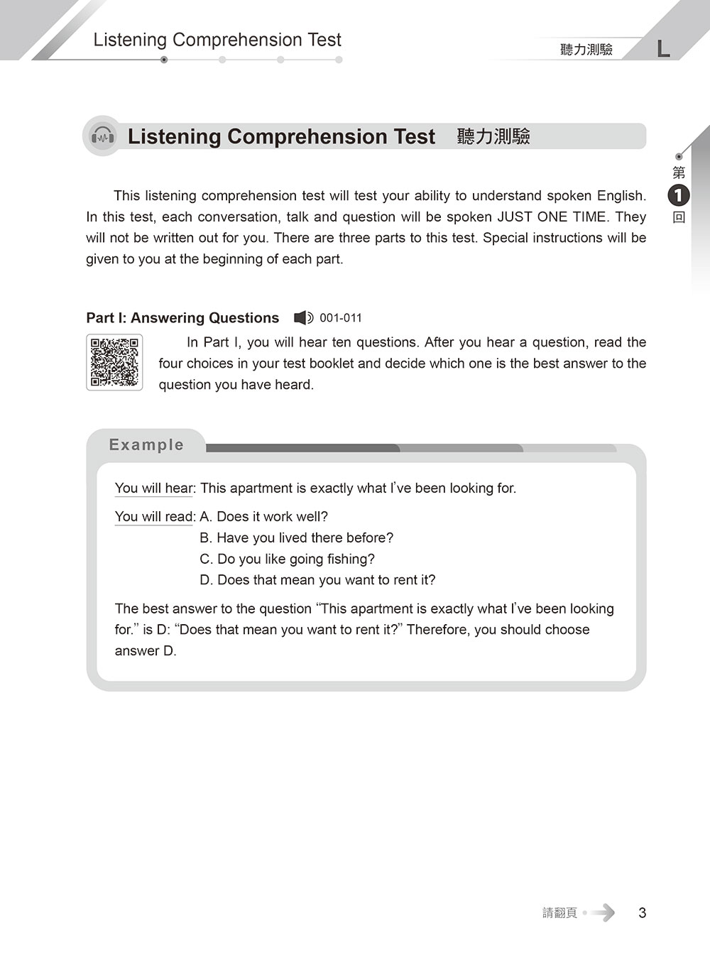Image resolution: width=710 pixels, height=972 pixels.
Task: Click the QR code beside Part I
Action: [114, 362]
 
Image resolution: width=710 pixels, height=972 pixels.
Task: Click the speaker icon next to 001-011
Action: [303, 318]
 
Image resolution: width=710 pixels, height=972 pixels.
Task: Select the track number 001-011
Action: [341, 318]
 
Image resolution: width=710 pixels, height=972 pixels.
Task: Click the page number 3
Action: [642, 913]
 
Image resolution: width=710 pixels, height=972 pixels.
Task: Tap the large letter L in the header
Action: [663, 48]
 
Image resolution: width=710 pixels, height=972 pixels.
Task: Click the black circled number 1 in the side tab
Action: [679, 195]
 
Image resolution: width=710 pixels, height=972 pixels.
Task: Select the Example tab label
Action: [146, 444]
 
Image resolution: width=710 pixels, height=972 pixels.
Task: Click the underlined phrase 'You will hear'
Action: [154, 488]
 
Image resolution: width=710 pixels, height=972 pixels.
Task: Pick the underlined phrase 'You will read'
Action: [154, 517]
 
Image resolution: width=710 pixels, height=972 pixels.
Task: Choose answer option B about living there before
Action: [297, 538]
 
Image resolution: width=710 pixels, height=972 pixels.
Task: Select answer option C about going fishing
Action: [288, 559]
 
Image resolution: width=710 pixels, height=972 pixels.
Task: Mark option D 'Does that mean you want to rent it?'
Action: [318, 580]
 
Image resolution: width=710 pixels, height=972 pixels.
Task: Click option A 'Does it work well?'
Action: [264, 517]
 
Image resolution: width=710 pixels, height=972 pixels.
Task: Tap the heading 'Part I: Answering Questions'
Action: [182, 318]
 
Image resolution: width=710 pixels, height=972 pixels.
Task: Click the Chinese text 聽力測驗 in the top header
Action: [586, 49]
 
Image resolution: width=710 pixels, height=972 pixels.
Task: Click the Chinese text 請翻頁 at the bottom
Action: [559, 913]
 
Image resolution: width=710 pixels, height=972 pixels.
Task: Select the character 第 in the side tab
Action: [679, 173]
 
